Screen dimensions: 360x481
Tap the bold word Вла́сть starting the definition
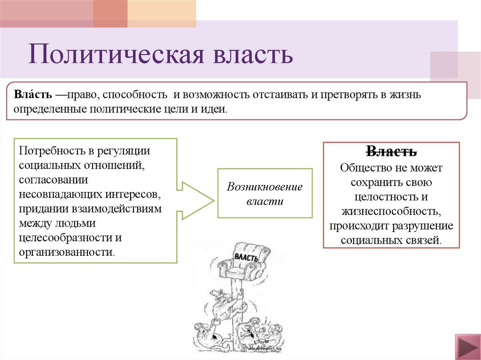(32, 95)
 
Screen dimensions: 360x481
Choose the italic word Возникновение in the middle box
(264, 186)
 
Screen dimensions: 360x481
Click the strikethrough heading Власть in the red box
(391, 152)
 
